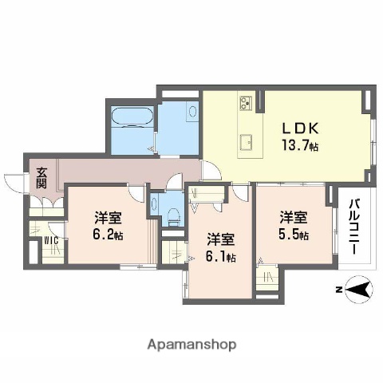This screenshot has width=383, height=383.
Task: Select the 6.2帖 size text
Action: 109,235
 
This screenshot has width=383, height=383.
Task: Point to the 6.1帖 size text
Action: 220,256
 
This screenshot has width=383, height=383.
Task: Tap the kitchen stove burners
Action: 245,104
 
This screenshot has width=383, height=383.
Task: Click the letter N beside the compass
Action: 338,289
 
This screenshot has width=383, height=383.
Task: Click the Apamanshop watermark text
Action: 191,345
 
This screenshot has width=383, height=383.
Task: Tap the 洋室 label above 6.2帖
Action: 107,217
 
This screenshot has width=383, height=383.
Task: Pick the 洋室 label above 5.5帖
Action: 293,215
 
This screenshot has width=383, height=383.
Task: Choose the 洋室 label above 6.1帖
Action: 220,239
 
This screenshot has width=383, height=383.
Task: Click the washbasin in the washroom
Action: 192,113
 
